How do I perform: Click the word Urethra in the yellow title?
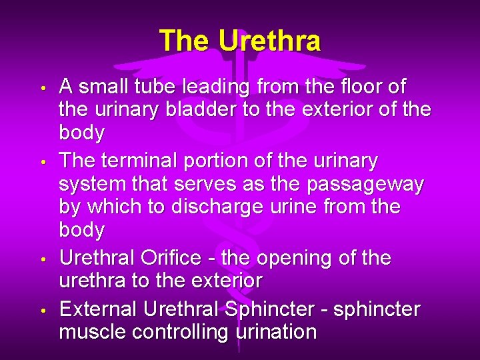[x=269, y=41]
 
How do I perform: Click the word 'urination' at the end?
[x=277, y=332]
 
